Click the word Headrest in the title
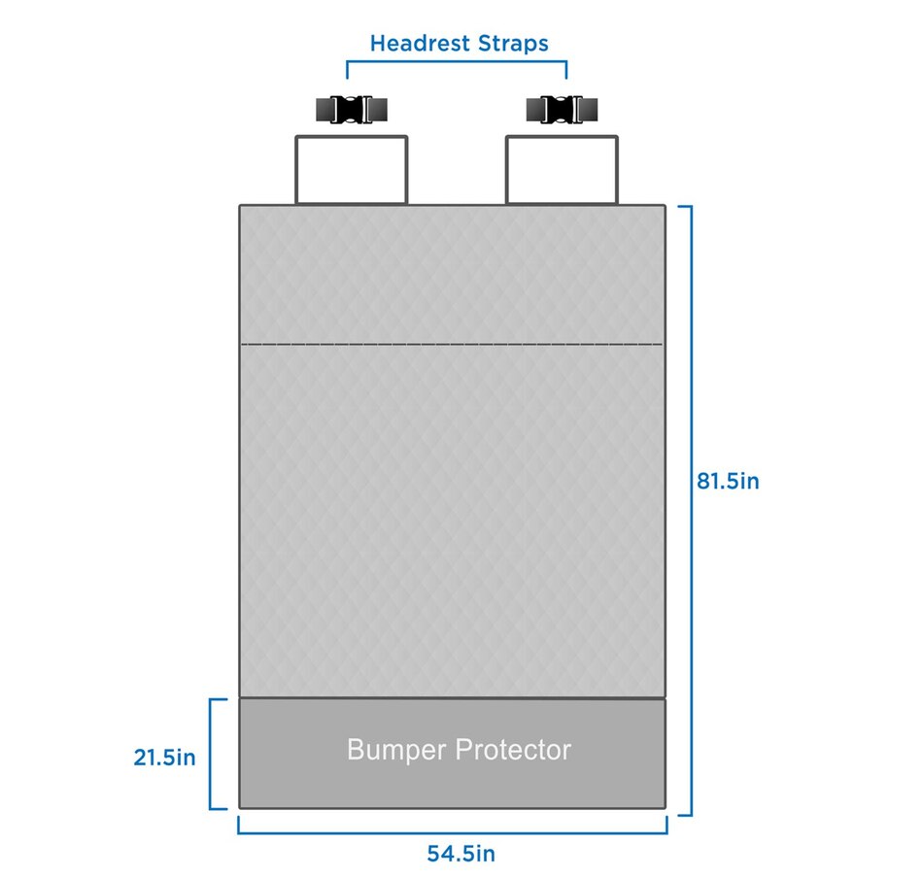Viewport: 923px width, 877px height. coord(420,43)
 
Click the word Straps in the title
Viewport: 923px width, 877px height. coord(513,44)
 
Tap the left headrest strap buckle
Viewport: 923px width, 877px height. coord(352,110)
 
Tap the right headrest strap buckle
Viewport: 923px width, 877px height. coord(562,110)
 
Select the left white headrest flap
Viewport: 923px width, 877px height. coord(352,170)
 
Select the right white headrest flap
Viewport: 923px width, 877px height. coord(563,170)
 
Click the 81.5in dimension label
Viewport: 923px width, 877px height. coord(728,482)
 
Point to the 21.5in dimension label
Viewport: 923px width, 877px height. coord(164,758)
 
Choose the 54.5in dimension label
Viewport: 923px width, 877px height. coord(461,854)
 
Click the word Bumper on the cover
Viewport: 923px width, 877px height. coord(396,751)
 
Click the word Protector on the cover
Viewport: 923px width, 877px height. coord(513,749)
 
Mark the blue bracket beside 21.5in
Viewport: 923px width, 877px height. coord(211,754)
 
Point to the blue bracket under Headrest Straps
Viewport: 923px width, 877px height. coord(457,61)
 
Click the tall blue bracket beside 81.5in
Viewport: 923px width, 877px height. coord(691,511)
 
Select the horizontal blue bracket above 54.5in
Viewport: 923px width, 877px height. coord(453,833)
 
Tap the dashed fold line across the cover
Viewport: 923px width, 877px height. coord(452,344)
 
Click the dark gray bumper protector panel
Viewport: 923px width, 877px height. coord(452,754)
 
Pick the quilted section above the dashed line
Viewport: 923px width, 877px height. coord(452,274)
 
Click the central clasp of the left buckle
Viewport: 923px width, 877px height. coord(352,110)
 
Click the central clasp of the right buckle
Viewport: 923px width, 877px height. coord(562,110)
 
